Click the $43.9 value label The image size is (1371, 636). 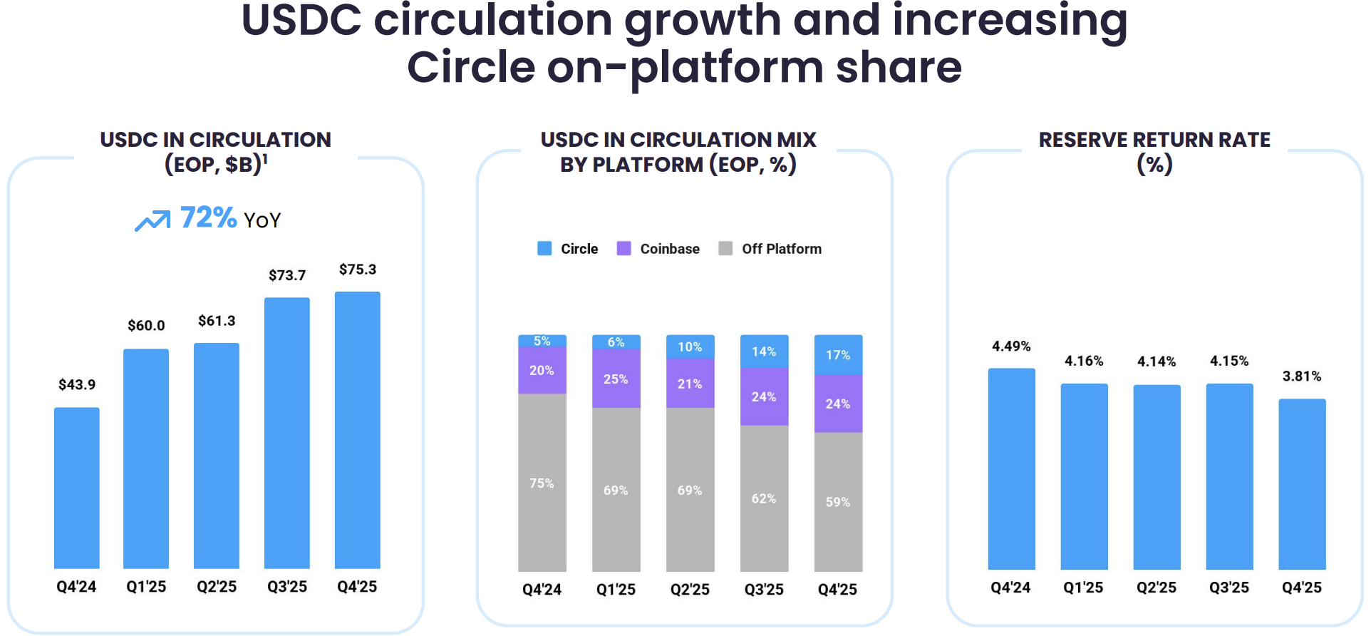pos(77,385)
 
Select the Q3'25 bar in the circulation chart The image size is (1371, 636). pos(286,432)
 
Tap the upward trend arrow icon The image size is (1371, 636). pos(152,220)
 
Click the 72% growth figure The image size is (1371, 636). pos(208,217)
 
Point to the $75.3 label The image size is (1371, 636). pos(358,270)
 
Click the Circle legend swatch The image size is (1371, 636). pos(544,248)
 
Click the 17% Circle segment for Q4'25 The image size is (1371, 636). pos(838,355)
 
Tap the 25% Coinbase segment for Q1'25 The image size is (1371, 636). pos(616,379)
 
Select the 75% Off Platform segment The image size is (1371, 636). pos(542,483)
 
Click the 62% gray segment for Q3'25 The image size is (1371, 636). pos(764,498)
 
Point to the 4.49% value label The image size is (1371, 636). pos(1011,347)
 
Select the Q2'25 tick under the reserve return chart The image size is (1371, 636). pos(1156,588)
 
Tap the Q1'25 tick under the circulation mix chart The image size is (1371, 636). pos(616,590)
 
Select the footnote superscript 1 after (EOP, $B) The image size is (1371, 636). pos(265,159)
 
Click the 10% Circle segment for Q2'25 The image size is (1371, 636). pos(690,347)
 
